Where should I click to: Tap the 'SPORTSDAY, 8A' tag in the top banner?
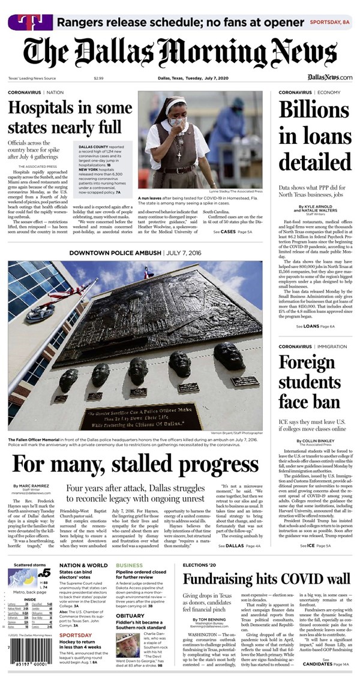(329, 22)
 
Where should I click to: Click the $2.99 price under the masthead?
(98, 78)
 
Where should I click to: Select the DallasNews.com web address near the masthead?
(329, 77)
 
